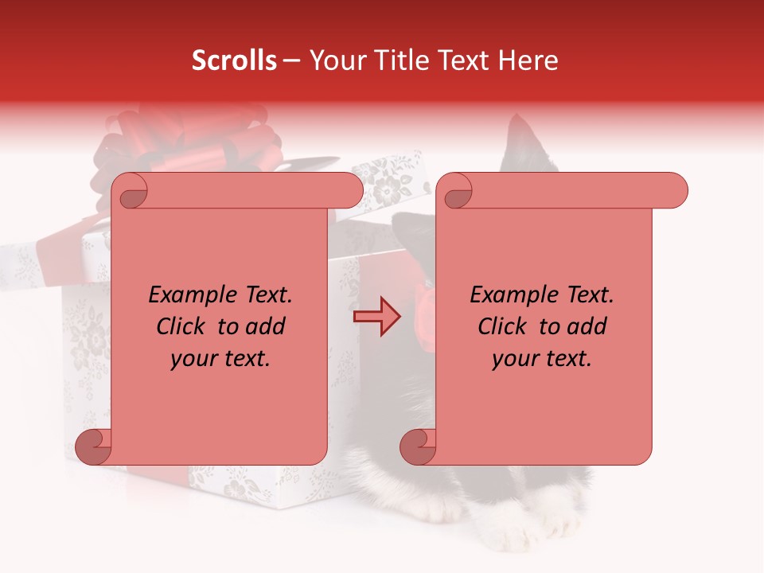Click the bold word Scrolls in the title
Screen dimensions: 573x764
point(234,60)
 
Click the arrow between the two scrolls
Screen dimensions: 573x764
point(376,316)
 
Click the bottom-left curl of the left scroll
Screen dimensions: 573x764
point(92,447)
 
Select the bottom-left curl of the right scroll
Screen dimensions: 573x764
point(417,447)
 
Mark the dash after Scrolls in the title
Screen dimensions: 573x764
point(291,61)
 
